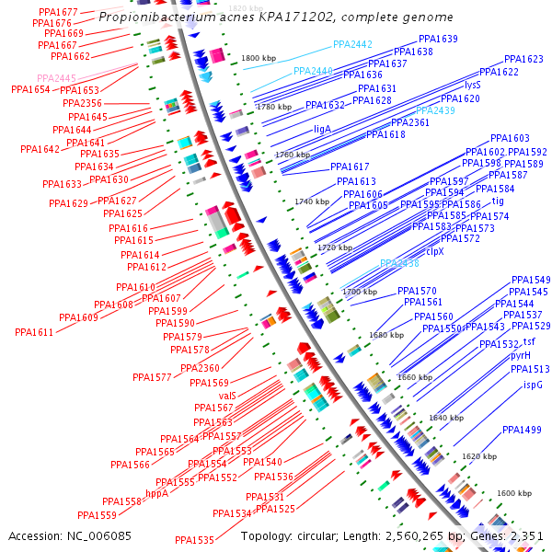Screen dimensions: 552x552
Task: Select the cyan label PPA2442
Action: coord(352,44)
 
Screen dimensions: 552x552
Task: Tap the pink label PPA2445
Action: coord(57,78)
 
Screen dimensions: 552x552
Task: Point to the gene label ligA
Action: coord(322,129)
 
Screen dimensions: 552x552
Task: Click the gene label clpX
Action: coord(434,251)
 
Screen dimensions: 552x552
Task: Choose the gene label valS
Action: coord(227,395)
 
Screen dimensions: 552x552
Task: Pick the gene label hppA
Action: coord(157,493)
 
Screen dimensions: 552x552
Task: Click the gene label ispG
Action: coord(533,385)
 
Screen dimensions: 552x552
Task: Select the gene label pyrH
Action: coord(521,354)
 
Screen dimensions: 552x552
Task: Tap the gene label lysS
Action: coord(473,85)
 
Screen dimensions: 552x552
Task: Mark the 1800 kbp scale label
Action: coord(259,58)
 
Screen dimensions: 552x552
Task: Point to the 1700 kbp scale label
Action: coord(360,292)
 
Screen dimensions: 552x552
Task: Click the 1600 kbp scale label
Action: coord(514,493)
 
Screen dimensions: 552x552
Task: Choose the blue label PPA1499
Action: coord(522,430)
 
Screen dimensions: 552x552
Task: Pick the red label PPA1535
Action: coord(194,540)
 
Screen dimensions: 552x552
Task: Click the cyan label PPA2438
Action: coord(399,263)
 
